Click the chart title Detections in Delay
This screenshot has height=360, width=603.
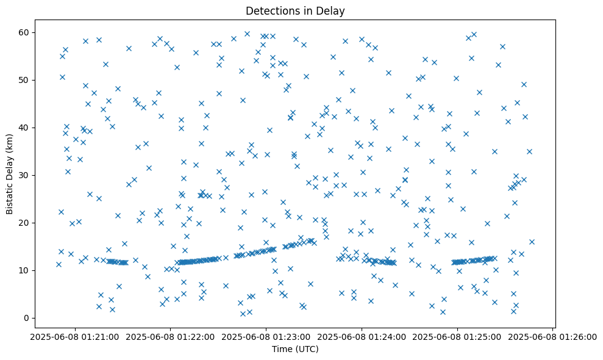click(295, 10)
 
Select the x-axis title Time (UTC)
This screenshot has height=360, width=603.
click(295, 350)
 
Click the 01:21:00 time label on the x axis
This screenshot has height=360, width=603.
click(74, 336)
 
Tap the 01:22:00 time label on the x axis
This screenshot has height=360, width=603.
click(170, 336)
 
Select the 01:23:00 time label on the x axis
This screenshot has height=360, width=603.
click(266, 336)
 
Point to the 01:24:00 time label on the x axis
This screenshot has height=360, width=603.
click(362, 336)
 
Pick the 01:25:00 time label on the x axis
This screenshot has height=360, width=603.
click(457, 336)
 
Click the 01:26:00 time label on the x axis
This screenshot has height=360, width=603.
click(553, 336)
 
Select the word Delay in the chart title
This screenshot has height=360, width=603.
click(333, 10)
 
